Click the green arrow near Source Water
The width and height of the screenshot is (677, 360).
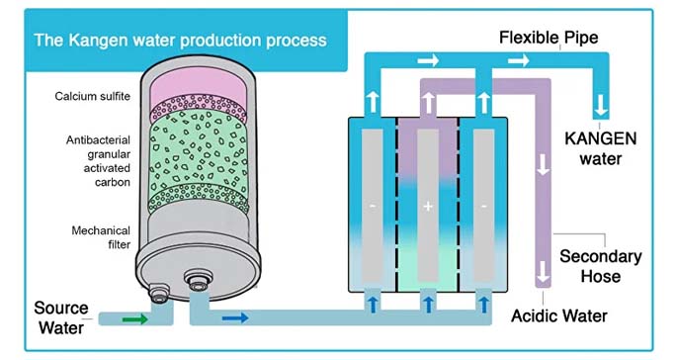pyautogui.click(x=134, y=319)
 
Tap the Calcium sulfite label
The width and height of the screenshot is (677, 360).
pyautogui.click(x=92, y=96)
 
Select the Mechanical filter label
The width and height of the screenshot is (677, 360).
pyautogui.click(x=101, y=237)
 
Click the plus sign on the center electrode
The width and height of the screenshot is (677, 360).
pyautogui.click(x=427, y=207)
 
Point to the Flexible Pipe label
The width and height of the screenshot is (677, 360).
pyautogui.click(x=549, y=38)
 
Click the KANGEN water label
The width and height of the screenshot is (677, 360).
pyautogui.click(x=601, y=148)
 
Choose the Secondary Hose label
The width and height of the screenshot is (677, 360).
pyautogui.click(x=601, y=266)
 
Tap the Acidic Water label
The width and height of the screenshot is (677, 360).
pyautogui.click(x=559, y=315)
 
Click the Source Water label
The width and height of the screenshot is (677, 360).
pyautogui.click(x=61, y=317)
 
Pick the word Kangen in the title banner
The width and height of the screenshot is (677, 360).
pyautogui.click(x=98, y=41)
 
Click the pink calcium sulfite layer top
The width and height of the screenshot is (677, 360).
pyautogui.click(x=199, y=85)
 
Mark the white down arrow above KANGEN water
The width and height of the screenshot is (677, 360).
pyautogui.click(x=601, y=106)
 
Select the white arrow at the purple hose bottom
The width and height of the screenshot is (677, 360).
pyautogui.click(x=543, y=271)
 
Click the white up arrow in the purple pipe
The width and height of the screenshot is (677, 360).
pyautogui.click(x=428, y=103)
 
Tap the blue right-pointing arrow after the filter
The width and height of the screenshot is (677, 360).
pyautogui.click(x=235, y=318)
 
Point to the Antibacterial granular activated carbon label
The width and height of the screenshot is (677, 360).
pyautogui.click(x=99, y=161)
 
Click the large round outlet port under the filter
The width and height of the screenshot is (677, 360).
pyautogui.click(x=199, y=279)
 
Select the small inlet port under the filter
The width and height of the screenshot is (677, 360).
pyautogui.click(x=159, y=293)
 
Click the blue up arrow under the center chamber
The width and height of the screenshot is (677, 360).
pyautogui.click(x=428, y=304)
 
